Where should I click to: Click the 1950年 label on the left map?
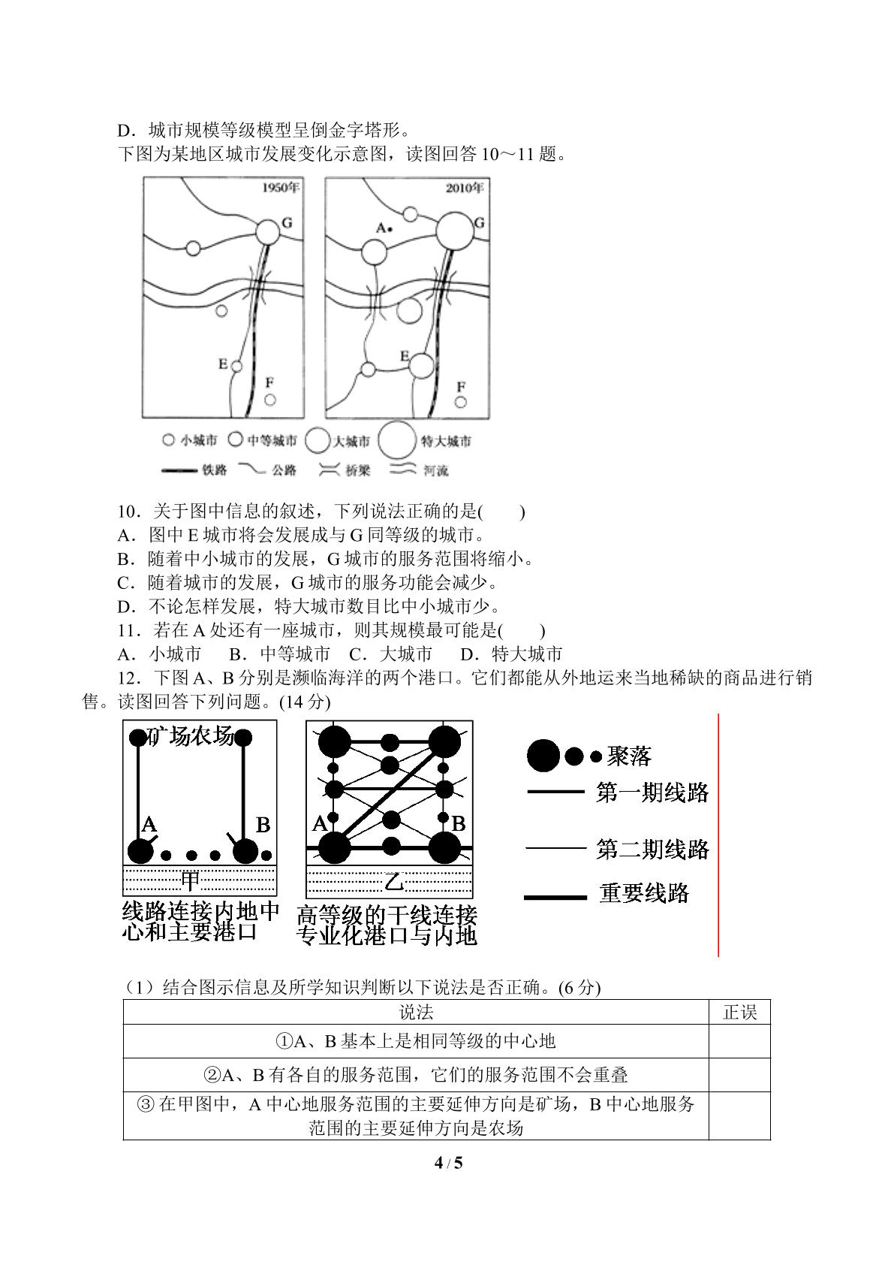pyautogui.click(x=281, y=188)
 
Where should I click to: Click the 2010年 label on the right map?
pyautogui.click(x=465, y=188)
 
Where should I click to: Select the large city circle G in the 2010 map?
pyautogui.click(x=455, y=231)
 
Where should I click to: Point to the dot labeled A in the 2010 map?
pyautogui.click(x=390, y=229)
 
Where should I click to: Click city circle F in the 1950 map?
pyautogui.click(x=270, y=400)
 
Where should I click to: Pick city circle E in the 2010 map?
pyautogui.click(x=421, y=366)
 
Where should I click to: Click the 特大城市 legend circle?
pyautogui.click(x=397, y=440)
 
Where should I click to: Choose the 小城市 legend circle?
pyautogui.click(x=168, y=439)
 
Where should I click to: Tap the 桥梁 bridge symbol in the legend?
pyautogui.click(x=330, y=469)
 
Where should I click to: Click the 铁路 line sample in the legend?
pyautogui.click(x=179, y=469)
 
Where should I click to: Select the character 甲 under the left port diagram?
pyautogui.click(x=190, y=880)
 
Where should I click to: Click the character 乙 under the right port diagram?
pyautogui.click(x=394, y=881)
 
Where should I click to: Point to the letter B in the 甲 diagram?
pyautogui.click(x=263, y=825)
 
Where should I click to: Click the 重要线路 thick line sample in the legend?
pyautogui.click(x=555, y=898)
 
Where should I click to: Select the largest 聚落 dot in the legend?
pyautogui.click(x=543, y=756)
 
